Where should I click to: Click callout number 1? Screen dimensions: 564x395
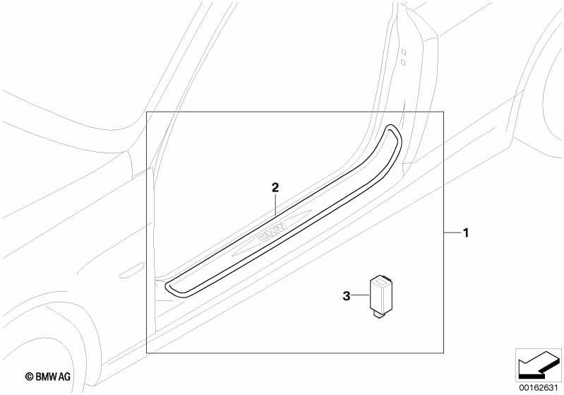tap(466, 233)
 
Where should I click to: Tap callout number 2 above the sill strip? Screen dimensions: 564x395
tap(275, 187)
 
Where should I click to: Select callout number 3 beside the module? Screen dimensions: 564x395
tap(346, 296)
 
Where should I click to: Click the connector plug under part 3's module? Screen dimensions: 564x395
tap(378, 314)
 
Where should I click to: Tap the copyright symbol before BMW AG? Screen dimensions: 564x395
tap(30, 377)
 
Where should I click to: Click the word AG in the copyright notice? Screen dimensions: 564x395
tap(65, 377)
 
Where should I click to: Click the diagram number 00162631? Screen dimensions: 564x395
tap(539, 388)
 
